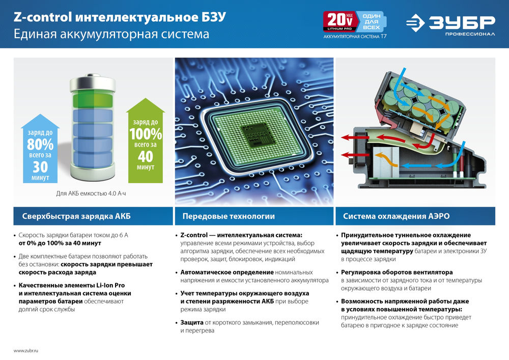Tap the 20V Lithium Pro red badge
338,22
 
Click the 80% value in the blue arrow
40,144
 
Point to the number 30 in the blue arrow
40,167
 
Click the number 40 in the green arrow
145,157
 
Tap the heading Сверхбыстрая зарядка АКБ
76,216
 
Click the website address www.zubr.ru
26,351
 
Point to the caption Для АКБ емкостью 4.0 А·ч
90,193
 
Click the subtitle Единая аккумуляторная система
111,35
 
